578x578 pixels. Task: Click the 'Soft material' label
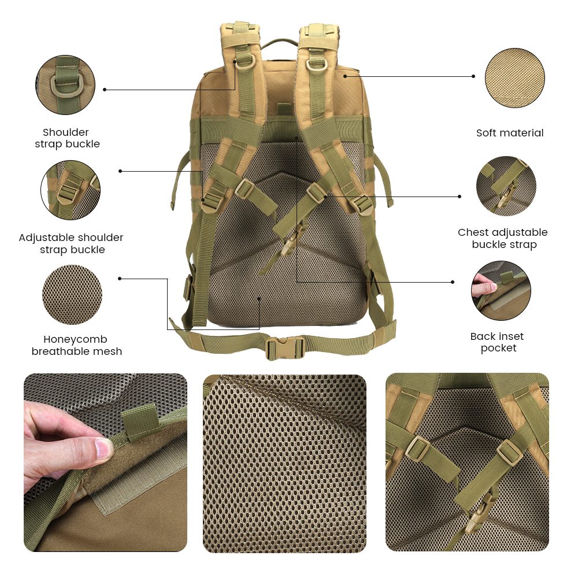pos(510,133)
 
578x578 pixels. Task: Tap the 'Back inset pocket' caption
pos(497,342)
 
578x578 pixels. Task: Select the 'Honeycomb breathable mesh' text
pos(77,345)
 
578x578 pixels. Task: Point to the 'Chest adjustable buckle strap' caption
pos(503,238)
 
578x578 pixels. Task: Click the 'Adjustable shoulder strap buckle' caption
pos(71,243)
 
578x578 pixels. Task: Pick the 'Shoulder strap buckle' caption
pos(67,138)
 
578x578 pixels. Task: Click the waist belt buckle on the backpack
pos(285,347)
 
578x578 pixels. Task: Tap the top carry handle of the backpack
pos(280,44)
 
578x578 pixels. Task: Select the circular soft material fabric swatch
pos(515,78)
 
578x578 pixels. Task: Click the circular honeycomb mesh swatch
pos(72,295)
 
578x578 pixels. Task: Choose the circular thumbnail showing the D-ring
pos(65,85)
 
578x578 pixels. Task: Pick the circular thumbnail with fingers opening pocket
pos(501,291)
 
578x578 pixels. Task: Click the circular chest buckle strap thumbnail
pos(506,186)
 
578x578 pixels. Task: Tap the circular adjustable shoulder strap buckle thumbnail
pos(71,190)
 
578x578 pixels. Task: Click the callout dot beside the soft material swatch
pos(473,76)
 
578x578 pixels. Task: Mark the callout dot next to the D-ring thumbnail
pos(105,90)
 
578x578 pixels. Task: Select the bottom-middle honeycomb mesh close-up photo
pos(284,463)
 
